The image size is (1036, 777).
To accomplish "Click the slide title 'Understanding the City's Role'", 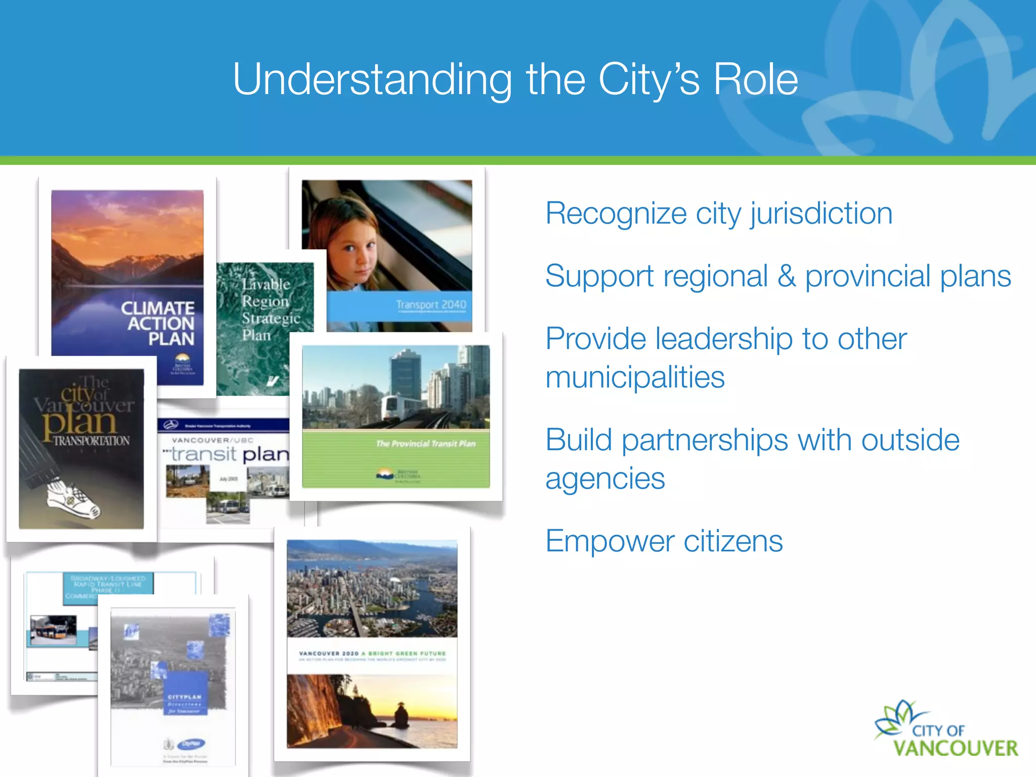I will (x=515, y=79).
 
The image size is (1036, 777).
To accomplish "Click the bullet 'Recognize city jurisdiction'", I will (x=718, y=213).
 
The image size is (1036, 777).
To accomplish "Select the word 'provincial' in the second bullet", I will (x=868, y=277).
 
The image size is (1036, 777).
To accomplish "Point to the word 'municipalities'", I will (x=635, y=377).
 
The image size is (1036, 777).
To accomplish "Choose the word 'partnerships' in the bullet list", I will (x=704, y=440).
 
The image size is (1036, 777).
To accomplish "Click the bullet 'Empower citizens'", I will (x=664, y=541).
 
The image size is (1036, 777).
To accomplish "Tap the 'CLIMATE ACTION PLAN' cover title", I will (x=158, y=323).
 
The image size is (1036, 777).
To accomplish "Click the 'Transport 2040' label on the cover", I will (x=430, y=305).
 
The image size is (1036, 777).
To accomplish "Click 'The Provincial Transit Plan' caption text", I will (x=425, y=444).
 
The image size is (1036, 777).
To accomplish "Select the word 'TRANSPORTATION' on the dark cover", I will (x=91, y=441).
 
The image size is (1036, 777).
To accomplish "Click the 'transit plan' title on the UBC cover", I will (x=229, y=454).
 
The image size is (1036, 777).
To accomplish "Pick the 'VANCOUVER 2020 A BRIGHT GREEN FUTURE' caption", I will (x=372, y=654).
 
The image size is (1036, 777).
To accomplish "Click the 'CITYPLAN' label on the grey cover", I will (x=185, y=697).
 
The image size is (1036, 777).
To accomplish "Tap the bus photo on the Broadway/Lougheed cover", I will (x=53, y=630).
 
